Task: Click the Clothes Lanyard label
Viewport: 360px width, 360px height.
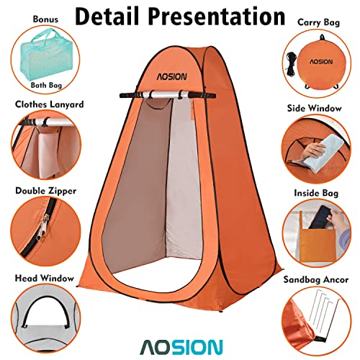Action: (x=48, y=104)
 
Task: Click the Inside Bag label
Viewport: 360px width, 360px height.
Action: (x=317, y=192)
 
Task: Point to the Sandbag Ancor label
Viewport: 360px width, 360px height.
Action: (x=317, y=276)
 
